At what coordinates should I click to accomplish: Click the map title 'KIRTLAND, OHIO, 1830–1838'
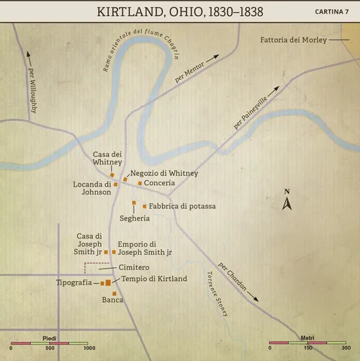click(179, 12)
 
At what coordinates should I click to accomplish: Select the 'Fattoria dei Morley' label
click(293, 40)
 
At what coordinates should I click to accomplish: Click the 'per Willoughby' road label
click(32, 92)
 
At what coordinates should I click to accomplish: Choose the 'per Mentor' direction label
click(190, 73)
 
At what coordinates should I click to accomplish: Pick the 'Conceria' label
click(159, 183)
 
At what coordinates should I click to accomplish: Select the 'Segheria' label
click(135, 218)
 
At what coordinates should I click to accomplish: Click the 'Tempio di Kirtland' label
click(154, 279)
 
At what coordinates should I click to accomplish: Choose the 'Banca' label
click(112, 300)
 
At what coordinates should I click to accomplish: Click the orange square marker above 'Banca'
click(114, 293)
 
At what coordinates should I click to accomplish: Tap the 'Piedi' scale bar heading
click(50, 338)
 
